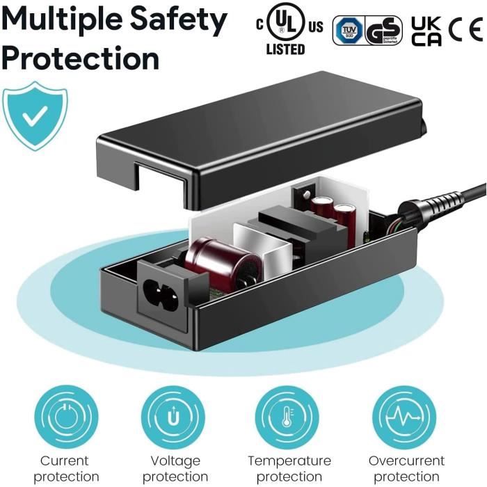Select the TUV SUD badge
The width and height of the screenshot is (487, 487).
coord(347,31)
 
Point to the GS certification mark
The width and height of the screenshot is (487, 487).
coord(383,31)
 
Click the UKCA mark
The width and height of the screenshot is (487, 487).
coord(426,31)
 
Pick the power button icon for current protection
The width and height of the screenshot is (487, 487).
coord(65,417)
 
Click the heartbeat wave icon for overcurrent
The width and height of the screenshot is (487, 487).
coord(406,417)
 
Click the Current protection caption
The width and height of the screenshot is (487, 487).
coord(65,468)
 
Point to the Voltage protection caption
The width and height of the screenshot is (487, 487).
coord(175,468)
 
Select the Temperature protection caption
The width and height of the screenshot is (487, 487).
coord(289,468)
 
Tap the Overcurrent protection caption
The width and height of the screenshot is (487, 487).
coord(406,468)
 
